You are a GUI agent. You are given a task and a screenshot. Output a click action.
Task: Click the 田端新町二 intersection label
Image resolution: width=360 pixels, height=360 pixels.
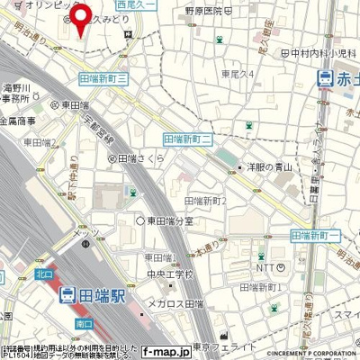(187, 139)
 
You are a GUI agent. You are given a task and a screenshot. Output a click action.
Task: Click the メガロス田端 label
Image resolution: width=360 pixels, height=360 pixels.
(175, 303)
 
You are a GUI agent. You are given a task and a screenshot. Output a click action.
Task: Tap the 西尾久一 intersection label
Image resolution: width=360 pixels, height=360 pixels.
(137, 5)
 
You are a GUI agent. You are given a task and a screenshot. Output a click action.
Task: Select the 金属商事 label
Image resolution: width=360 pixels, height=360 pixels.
(18, 120)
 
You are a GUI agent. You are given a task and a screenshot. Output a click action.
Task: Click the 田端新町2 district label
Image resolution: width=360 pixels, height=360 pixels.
(205, 200)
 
